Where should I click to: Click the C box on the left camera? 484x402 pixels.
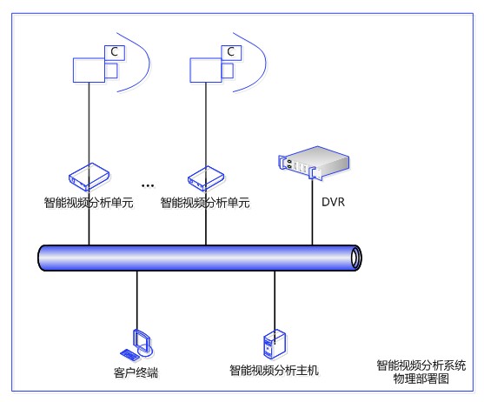point(115,52)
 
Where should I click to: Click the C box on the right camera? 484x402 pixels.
point(231,52)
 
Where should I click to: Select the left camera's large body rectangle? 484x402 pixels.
point(89,70)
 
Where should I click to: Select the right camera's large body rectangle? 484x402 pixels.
point(206,70)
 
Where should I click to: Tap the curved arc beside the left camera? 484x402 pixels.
point(149,62)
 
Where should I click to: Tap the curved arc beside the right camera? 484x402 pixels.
point(265,62)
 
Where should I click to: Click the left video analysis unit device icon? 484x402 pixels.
point(90,177)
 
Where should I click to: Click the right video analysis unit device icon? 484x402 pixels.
point(206,178)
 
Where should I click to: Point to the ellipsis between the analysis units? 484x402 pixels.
point(148,185)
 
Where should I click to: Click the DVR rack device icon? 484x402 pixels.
point(314,163)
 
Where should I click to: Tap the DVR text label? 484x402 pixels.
point(333,202)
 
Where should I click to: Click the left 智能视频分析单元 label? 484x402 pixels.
point(89,203)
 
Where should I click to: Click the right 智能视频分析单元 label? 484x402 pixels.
point(205,203)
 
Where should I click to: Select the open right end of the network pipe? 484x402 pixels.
point(356,258)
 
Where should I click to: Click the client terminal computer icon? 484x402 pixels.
point(136,345)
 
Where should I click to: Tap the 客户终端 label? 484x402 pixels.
point(136,372)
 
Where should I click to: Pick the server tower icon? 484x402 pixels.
point(275,344)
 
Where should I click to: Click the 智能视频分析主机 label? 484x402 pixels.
point(274,370)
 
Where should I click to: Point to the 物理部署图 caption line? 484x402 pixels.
point(421,379)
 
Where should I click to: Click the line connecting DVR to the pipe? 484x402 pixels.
point(312,212)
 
